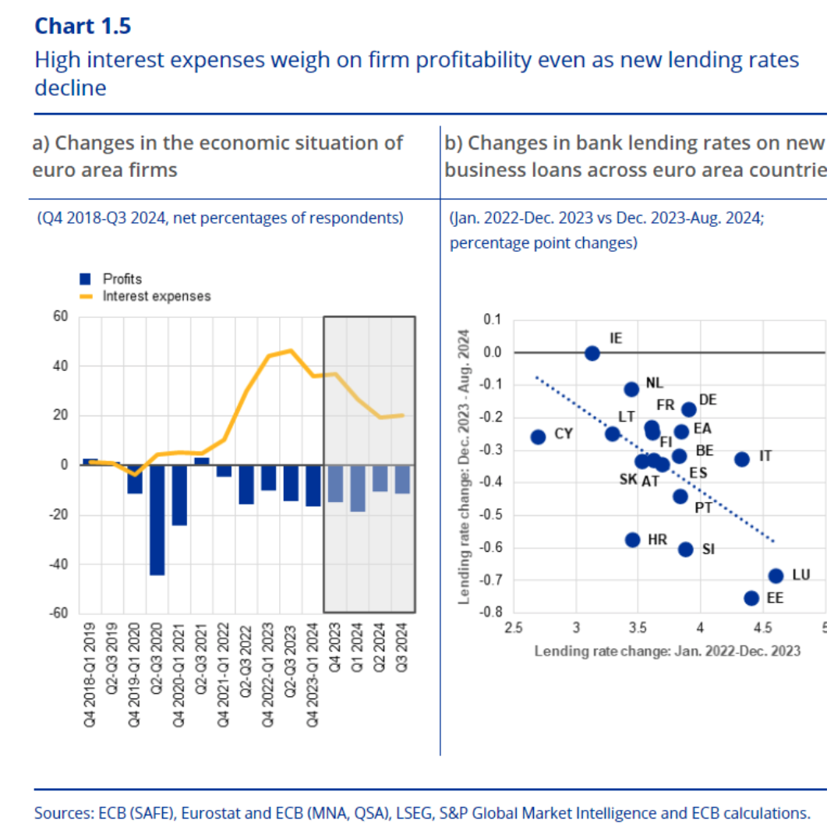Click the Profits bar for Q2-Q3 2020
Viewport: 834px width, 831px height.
click(x=157, y=520)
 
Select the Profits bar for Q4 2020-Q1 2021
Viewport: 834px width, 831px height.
click(x=179, y=495)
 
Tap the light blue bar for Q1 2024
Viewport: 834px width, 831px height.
click(x=358, y=488)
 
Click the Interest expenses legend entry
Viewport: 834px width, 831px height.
click(x=145, y=296)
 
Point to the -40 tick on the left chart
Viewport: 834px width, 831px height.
click(x=59, y=564)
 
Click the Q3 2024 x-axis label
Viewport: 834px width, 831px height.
click(x=402, y=648)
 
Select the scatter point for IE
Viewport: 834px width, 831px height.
click(x=592, y=353)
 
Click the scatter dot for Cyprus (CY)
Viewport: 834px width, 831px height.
click(x=538, y=437)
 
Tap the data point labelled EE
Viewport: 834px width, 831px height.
click(x=751, y=599)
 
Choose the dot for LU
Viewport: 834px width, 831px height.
click(x=776, y=575)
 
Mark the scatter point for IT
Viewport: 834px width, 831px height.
click(x=742, y=459)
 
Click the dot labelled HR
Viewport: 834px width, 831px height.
click(x=632, y=540)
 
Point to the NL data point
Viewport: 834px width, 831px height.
click(x=631, y=390)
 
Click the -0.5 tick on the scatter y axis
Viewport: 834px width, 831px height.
click(x=489, y=515)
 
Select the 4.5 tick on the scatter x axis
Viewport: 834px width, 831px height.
click(x=762, y=628)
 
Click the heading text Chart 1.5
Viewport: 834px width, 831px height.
click(x=83, y=26)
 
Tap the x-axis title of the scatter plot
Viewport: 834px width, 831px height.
click(x=667, y=651)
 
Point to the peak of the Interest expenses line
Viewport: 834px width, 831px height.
click(x=291, y=350)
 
